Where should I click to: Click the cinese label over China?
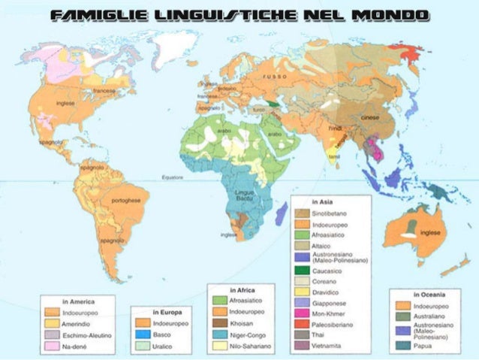[x=370, y=119]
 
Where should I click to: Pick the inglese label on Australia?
[x=430, y=232]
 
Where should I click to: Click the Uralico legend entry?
[x=164, y=346]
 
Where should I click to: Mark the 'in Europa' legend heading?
[x=167, y=310]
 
